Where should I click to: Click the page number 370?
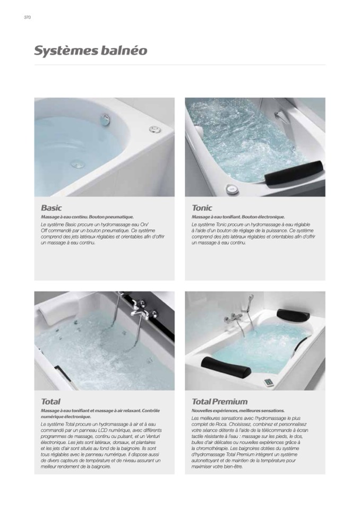pos(27,18)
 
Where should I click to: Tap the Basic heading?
pos(52,208)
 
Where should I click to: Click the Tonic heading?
pos(202,208)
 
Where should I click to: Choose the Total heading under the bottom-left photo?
pos(50,402)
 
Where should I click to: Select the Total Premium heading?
pos(219,402)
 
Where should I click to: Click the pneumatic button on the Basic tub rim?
pos(155,129)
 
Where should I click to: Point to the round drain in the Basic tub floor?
pos(78,165)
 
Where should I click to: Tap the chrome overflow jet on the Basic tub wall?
pos(105,120)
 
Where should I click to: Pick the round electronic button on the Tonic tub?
pos(232,188)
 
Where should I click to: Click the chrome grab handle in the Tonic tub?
pos(280,116)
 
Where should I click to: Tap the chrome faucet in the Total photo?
pos(141,311)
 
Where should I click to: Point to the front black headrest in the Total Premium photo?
pos(226,367)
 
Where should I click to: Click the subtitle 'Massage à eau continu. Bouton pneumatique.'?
pos(87,217)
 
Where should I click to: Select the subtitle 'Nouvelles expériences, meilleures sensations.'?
pos(238,411)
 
